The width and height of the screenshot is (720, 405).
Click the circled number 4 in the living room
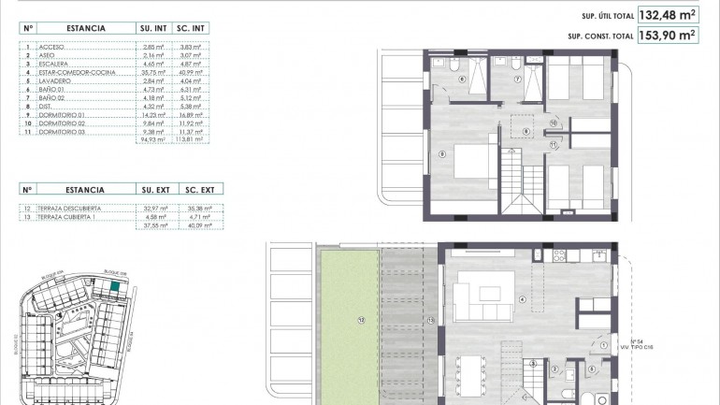(x=522, y=300)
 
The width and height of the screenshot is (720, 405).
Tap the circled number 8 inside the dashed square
(x=526, y=131)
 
